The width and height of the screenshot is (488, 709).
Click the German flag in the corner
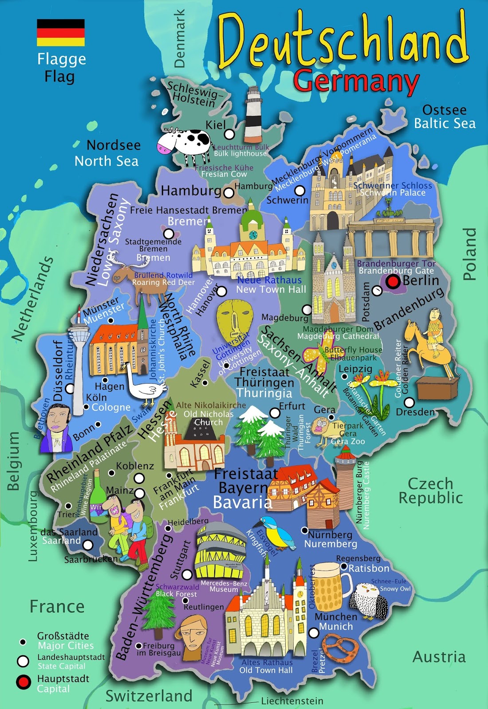[x=61, y=32]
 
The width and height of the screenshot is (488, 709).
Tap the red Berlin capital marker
[x=393, y=281]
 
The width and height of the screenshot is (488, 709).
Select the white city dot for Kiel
[x=229, y=133]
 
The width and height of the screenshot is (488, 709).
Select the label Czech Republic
[x=430, y=491]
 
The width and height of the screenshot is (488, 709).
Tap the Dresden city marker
[x=409, y=402]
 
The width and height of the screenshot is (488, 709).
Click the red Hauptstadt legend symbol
[x=23, y=682]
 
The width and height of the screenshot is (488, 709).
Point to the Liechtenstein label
[x=292, y=701]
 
